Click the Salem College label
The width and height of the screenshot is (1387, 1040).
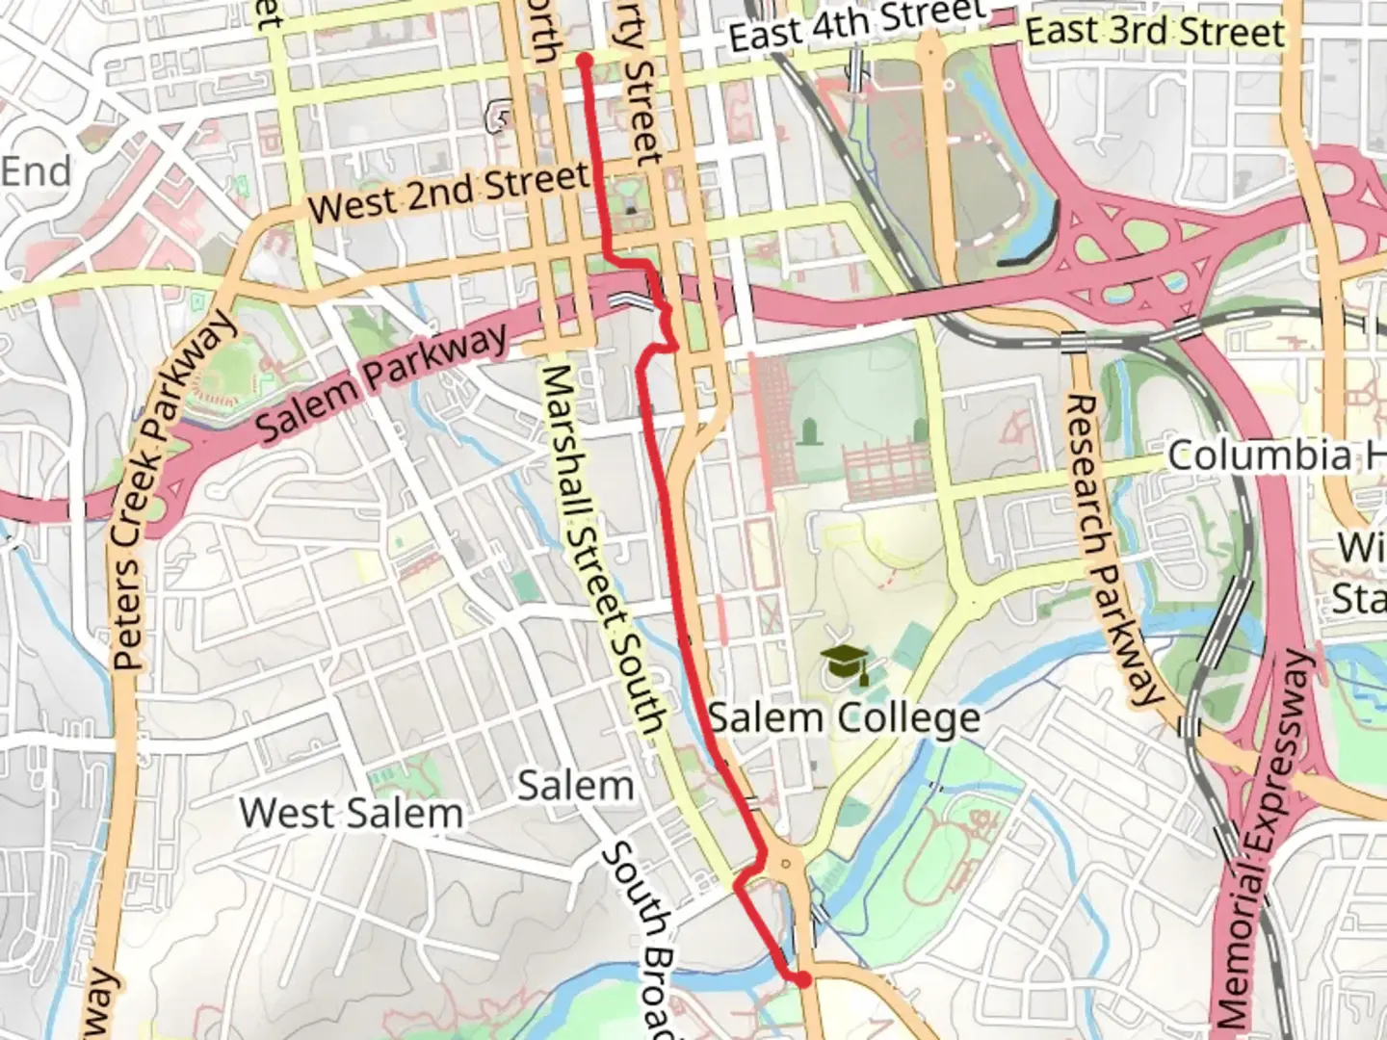click(844, 718)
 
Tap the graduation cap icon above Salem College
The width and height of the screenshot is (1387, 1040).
click(845, 663)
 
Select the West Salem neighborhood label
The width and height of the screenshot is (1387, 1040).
click(352, 814)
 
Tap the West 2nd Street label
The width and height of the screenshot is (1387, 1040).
click(449, 192)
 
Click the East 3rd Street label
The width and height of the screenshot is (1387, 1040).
click(1154, 31)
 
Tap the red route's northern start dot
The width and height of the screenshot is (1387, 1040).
click(584, 61)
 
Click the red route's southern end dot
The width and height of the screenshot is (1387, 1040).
click(802, 980)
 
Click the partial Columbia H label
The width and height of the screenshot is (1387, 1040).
click(1276, 455)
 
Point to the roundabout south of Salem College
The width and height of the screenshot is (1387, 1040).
click(788, 863)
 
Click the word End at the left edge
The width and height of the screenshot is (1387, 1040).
click(37, 171)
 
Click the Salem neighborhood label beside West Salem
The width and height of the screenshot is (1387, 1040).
click(576, 786)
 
